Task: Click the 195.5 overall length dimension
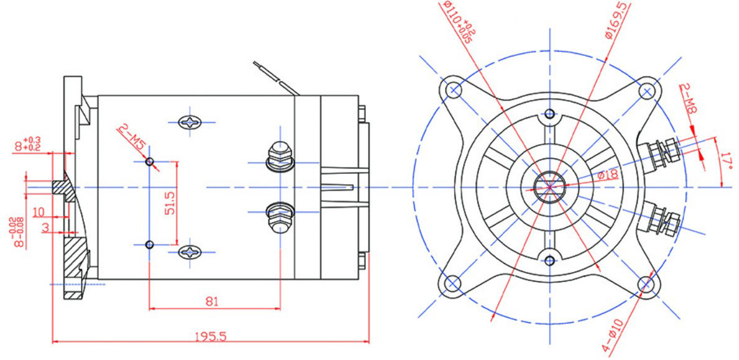(211, 336)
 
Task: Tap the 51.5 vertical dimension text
(170, 202)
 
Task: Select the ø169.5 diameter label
(616, 20)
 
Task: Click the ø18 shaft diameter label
(608, 175)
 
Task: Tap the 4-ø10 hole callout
(613, 336)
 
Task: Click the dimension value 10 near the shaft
(39, 212)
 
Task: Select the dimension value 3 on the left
(45, 228)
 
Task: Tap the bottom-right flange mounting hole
(646, 283)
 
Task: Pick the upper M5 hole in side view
(150, 162)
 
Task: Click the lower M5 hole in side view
(150, 245)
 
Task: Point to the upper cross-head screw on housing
(191, 123)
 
